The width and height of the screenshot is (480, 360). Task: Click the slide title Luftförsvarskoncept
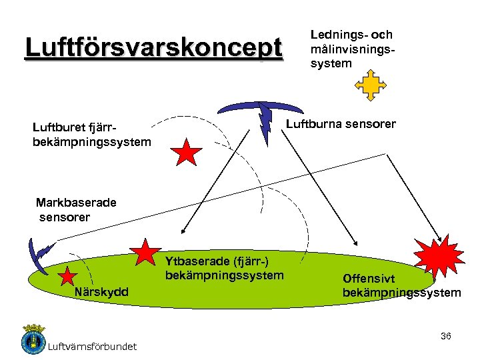point(153,48)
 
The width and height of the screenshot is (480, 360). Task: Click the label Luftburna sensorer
point(341,124)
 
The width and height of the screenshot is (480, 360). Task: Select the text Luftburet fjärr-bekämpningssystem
point(91,134)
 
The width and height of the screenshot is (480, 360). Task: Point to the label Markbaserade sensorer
point(75,209)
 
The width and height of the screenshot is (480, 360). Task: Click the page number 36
point(446,336)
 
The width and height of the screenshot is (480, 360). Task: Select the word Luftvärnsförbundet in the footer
point(93,346)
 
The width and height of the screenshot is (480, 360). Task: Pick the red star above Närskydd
point(68,276)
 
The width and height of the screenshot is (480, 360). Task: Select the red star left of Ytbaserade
point(146,252)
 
